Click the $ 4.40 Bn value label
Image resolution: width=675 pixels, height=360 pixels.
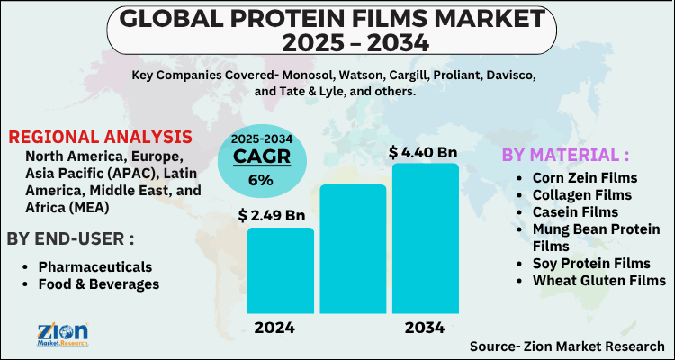(x=423, y=153)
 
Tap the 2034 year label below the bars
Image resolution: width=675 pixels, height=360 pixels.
(x=425, y=328)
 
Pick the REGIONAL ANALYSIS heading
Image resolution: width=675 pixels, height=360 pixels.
(x=100, y=138)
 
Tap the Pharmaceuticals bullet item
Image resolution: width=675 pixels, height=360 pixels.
(x=94, y=267)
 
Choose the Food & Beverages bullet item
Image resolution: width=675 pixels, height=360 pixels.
(x=98, y=284)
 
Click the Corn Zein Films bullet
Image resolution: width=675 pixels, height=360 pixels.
(x=584, y=178)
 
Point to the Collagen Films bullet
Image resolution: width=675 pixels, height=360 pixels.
(x=581, y=194)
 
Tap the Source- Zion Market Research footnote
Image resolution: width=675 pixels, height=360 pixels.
(x=567, y=346)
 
